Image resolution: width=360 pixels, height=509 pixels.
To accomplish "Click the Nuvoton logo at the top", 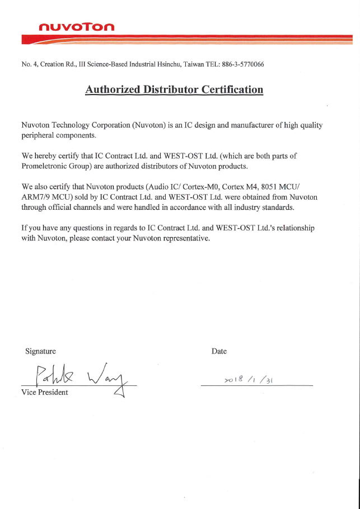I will coord(77,27).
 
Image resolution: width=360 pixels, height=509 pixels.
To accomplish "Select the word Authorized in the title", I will coord(113,89).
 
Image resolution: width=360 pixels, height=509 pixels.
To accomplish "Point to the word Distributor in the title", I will coord(170,89).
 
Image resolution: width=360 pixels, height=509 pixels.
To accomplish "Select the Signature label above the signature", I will coord(41,351).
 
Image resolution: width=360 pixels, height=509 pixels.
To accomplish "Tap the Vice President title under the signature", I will coord(45,392).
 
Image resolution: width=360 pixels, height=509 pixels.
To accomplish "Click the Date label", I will coord(219,351).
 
